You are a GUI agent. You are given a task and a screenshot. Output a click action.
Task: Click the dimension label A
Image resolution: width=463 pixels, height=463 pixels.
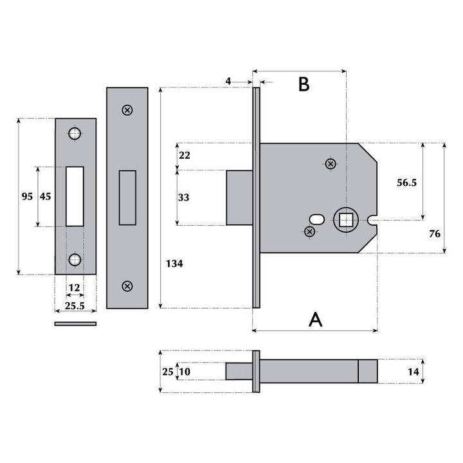click(x=315, y=319)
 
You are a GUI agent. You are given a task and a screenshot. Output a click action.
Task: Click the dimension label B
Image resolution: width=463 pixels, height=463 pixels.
click(x=304, y=84)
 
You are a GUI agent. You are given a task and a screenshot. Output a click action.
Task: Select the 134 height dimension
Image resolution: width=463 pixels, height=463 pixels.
click(x=174, y=264)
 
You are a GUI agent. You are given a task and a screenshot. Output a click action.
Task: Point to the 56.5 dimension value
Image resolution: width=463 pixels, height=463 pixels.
click(x=406, y=183)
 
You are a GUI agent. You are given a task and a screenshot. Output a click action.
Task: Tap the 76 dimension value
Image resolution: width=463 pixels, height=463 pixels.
click(x=435, y=233)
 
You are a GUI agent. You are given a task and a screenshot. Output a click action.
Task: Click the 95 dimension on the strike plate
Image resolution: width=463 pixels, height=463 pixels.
click(x=26, y=197)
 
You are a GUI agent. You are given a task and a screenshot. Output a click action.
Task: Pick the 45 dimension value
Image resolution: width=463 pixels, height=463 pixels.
click(x=45, y=197)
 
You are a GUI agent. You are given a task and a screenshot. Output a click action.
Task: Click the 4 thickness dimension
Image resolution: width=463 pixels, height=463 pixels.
click(x=228, y=81)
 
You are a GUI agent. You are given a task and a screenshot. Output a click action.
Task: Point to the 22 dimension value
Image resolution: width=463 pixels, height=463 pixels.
click(x=184, y=156)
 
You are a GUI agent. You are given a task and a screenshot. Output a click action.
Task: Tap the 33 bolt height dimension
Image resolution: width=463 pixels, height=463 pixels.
click(x=184, y=197)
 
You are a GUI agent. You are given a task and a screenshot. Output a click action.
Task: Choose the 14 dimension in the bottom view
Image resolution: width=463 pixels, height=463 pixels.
click(x=413, y=372)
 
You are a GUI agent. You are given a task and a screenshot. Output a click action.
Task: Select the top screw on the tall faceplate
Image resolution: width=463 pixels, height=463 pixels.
click(x=127, y=110)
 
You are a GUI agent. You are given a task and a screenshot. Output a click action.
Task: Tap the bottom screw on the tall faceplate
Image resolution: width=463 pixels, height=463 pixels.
click(x=127, y=286)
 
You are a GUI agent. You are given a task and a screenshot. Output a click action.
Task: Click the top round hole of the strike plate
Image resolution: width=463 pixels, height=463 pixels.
click(x=75, y=134)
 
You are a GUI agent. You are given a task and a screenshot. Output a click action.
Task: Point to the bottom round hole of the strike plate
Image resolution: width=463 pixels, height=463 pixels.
click(x=75, y=259)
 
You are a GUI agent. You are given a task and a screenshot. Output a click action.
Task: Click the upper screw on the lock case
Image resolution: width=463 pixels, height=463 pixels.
click(x=331, y=164)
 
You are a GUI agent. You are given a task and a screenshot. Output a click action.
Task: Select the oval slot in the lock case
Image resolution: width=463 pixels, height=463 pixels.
click(x=317, y=217)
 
